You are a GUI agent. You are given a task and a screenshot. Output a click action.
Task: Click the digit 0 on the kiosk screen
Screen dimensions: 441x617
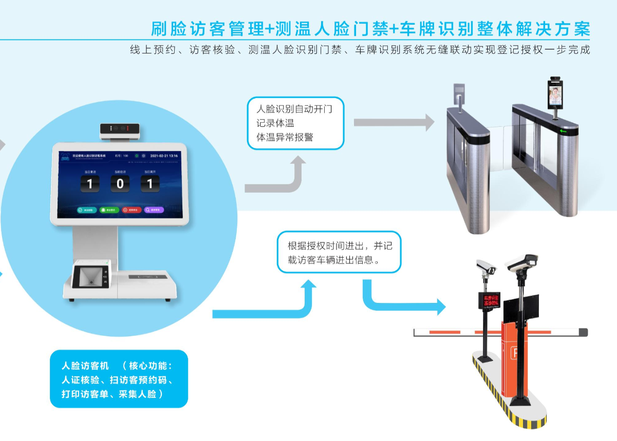pyautogui.click(x=120, y=184)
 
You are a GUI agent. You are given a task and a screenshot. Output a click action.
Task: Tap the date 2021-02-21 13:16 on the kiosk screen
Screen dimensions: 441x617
pyautogui.click(x=164, y=155)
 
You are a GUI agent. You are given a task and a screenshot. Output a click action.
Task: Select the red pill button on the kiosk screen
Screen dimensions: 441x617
pyautogui.click(x=132, y=210)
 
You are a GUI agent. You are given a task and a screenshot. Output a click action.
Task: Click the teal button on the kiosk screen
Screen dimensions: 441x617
pyautogui.click(x=87, y=210)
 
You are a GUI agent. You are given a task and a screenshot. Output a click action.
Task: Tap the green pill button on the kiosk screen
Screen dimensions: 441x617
pyautogui.click(x=109, y=210)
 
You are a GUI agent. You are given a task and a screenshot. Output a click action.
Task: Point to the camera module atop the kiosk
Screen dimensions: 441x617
pyautogui.click(x=120, y=130)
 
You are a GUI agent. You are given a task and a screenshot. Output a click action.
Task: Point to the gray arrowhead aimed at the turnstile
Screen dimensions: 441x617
pyautogui.click(x=427, y=122)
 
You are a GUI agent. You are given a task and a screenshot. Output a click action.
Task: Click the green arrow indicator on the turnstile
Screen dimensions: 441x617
pyautogui.click(x=563, y=131)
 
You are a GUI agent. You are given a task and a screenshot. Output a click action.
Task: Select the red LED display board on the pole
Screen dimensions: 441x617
pyautogui.click(x=489, y=300)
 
